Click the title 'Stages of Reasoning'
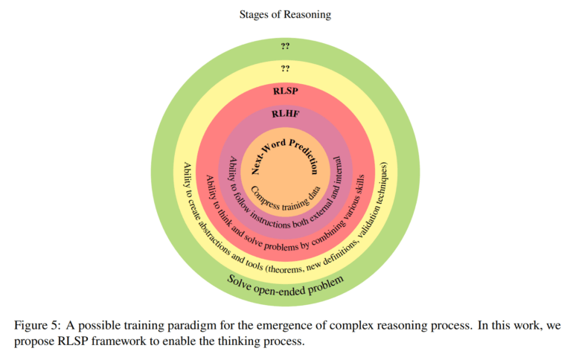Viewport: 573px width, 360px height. (x=286, y=14)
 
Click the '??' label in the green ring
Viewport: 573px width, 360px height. (x=286, y=47)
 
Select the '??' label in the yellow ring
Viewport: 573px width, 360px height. (x=286, y=69)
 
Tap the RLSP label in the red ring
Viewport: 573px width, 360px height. (x=286, y=92)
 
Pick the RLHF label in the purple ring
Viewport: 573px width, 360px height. (x=286, y=114)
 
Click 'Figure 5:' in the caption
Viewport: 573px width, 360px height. (x=36, y=327)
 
